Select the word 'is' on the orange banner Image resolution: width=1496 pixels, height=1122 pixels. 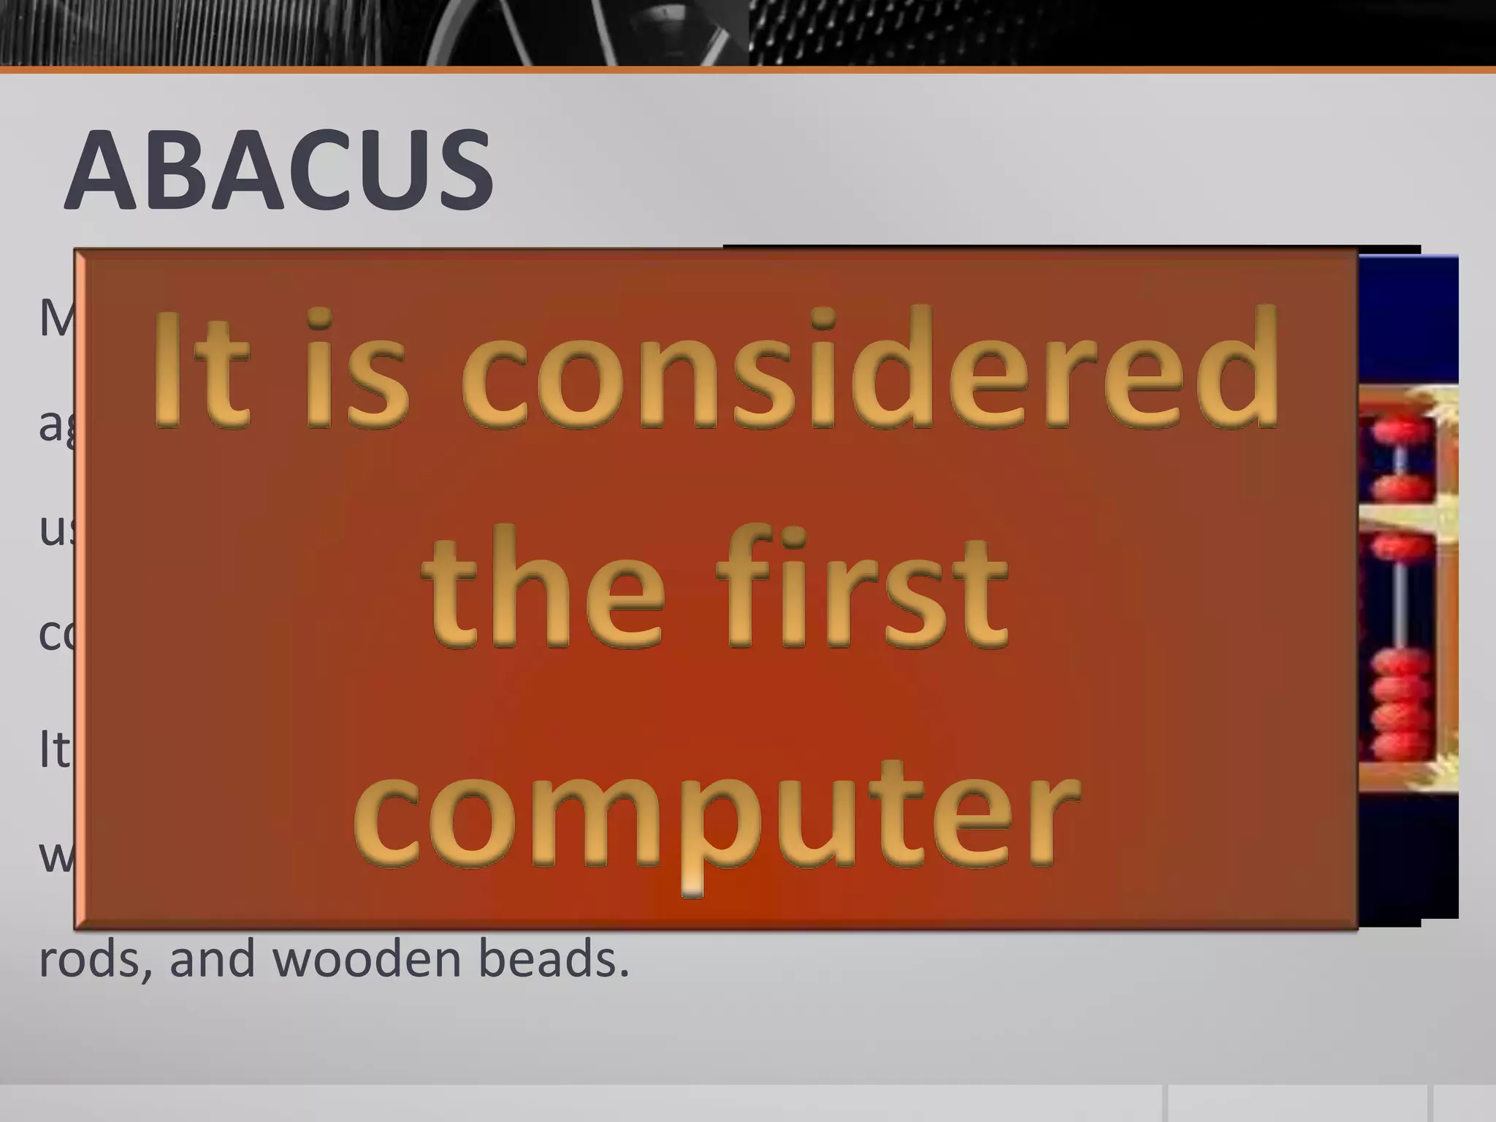(359, 369)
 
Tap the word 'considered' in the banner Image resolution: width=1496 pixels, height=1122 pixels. (869, 369)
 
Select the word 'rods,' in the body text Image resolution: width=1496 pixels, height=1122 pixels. (95, 958)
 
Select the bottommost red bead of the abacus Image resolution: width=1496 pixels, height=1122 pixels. (1397, 749)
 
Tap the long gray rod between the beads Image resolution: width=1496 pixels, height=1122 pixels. (1398, 599)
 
